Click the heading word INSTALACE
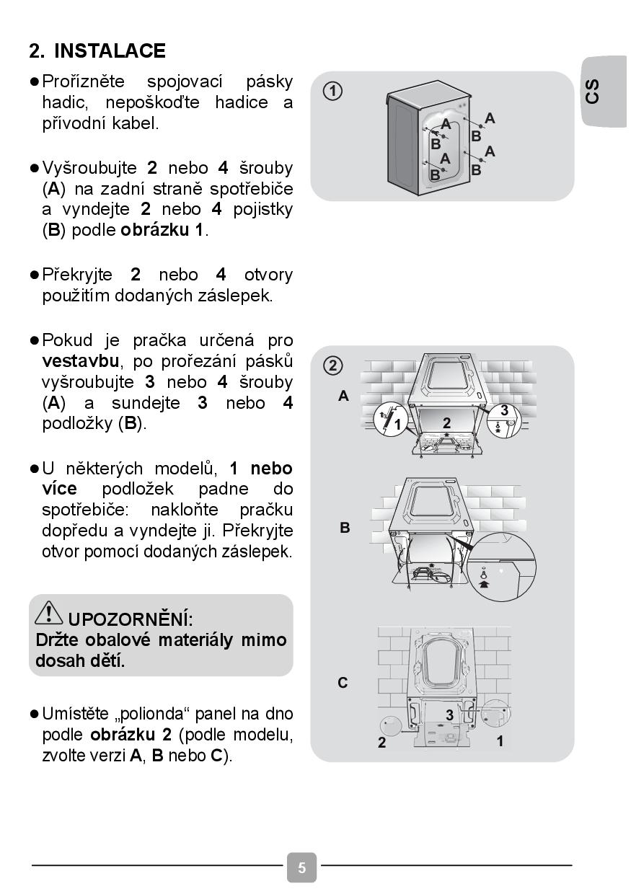click(x=110, y=51)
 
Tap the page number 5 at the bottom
click(x=301, y=867)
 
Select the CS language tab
click(x=593, y=92)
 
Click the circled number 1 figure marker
click(x=332, y=92)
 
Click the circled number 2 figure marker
click(x=332, y=366)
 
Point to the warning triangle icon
click(x=49, y=613)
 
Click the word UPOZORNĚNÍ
click(x=131, y=619)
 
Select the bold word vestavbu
click(x=79, y=360)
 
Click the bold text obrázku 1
click(x=163, y=231)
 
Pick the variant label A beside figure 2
click(x=344, y=396)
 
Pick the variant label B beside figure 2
click(x=345, y=528)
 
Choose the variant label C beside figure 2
click(x=343, y=682)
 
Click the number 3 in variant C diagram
click(x=449, y=715)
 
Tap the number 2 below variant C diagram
click(x=382, y=743)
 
